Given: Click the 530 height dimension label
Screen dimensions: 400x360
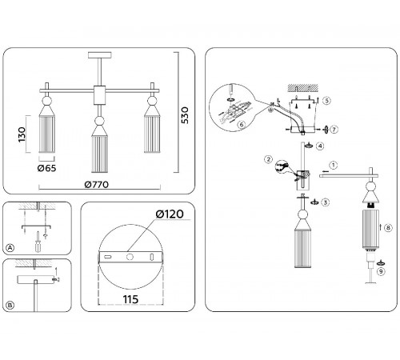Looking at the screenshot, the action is (185, 115).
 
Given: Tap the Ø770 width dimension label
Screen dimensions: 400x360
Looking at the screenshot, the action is (97, 185).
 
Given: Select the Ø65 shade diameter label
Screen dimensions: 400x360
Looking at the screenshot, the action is (46, 168).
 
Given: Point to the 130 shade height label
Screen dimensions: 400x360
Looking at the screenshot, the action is (22, 134).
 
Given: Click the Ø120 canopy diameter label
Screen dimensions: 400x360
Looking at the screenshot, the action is (170, 214).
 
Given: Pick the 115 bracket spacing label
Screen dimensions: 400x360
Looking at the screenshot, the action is (130, 299).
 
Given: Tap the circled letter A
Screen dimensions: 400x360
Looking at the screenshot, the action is (10, 248).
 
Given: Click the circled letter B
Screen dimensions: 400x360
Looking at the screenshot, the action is (10, 305).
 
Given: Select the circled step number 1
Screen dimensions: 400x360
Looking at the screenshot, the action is (333, 165).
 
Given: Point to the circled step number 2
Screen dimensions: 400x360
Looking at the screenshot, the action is (268, 159).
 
